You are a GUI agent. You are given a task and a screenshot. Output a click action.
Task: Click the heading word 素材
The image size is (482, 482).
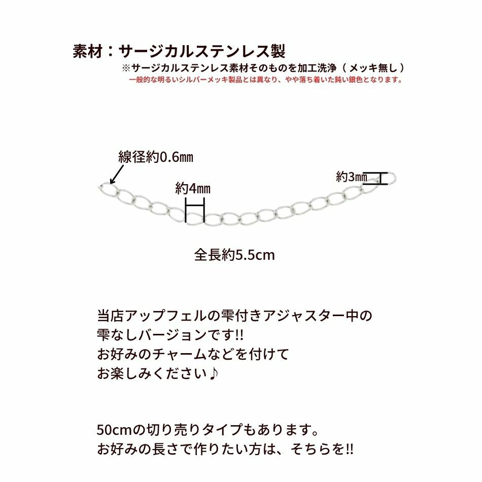(x=88, y=51)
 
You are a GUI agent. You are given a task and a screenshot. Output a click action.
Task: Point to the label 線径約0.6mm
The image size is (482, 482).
(x=156, y=157)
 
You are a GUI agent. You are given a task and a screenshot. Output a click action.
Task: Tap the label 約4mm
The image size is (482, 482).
(x=193, y=189)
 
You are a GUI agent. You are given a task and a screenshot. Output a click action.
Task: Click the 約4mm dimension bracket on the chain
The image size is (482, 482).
(x=195, y=211)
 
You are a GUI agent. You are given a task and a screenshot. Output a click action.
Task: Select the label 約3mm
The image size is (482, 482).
(x=351, y=177)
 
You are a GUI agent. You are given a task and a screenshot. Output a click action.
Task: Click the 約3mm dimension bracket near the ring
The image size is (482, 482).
(x=378, y=178)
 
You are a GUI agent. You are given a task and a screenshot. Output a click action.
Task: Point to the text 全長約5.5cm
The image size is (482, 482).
(x=234, y=254)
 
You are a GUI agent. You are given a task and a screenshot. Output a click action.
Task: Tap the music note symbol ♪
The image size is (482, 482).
(x=215, y=373)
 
